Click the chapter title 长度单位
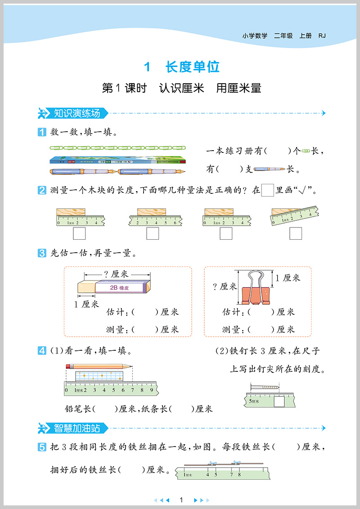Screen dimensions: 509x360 pos(193,67)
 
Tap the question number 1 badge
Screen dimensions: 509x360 pos(42,132)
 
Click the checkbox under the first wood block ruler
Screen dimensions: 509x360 pos(79,233)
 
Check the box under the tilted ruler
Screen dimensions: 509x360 pos(296,233)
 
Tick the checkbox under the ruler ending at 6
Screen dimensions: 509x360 pos(153,233)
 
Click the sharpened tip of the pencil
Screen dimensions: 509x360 pos(131,366)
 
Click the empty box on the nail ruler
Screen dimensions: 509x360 pos(279,401)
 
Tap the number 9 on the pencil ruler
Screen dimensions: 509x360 pos(151,389)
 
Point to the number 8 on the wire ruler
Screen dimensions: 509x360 pos(239,473)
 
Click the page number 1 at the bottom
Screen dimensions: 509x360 pos(180,500)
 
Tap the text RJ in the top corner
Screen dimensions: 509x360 pos(322,36)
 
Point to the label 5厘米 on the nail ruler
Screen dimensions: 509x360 pos(254,400)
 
